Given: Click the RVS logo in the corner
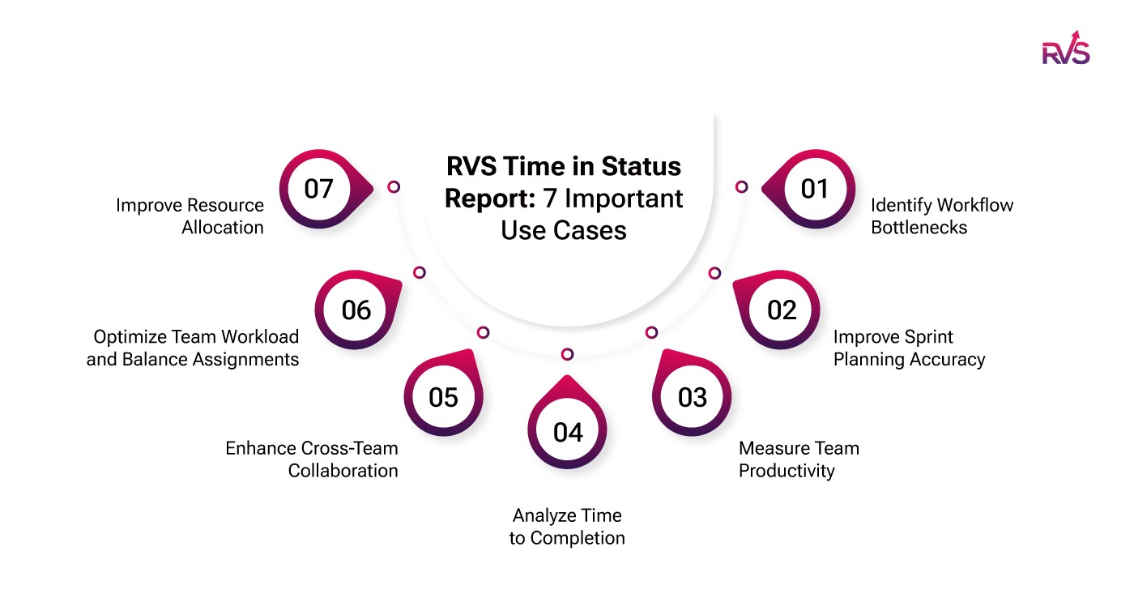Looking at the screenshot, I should [1065, 49].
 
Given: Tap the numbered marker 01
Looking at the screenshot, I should [814, 189].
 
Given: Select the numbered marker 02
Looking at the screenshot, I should [782, 310].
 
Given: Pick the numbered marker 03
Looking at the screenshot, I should [692, 397].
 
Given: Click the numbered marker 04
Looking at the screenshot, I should [567, 432].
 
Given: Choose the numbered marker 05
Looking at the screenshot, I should [443, 397].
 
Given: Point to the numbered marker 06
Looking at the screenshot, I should [356, 310].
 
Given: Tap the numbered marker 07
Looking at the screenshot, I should [318, 189].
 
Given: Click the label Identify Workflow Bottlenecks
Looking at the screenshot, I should [941, 216].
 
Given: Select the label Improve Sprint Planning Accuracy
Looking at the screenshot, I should [909, 348].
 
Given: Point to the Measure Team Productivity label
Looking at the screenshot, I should [799, 459].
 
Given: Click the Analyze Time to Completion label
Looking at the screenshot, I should [567, 527].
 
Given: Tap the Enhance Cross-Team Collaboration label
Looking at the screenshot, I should [312, 459].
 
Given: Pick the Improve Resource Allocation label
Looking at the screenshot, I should [190, 216].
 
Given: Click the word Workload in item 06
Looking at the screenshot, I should [259, 336].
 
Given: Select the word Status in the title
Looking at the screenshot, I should [640, 167].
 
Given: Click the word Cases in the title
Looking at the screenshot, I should [596, 230].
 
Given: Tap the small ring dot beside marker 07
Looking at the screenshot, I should [394, 186].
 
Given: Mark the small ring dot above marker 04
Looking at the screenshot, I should [567, 354].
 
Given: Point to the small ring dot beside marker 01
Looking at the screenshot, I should [741, 186].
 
